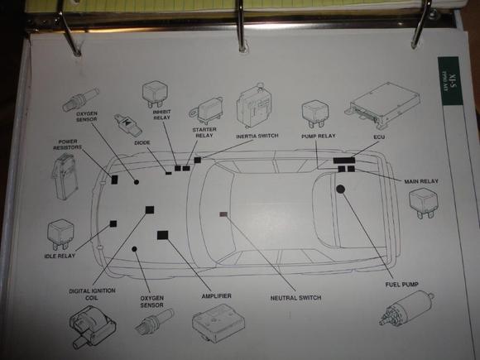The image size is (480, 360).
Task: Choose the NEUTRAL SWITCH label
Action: point(295,298)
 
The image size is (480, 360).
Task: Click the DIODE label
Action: point(142,141)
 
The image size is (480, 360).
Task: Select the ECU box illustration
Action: point(376,103)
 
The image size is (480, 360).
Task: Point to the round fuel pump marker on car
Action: point(340,190)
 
